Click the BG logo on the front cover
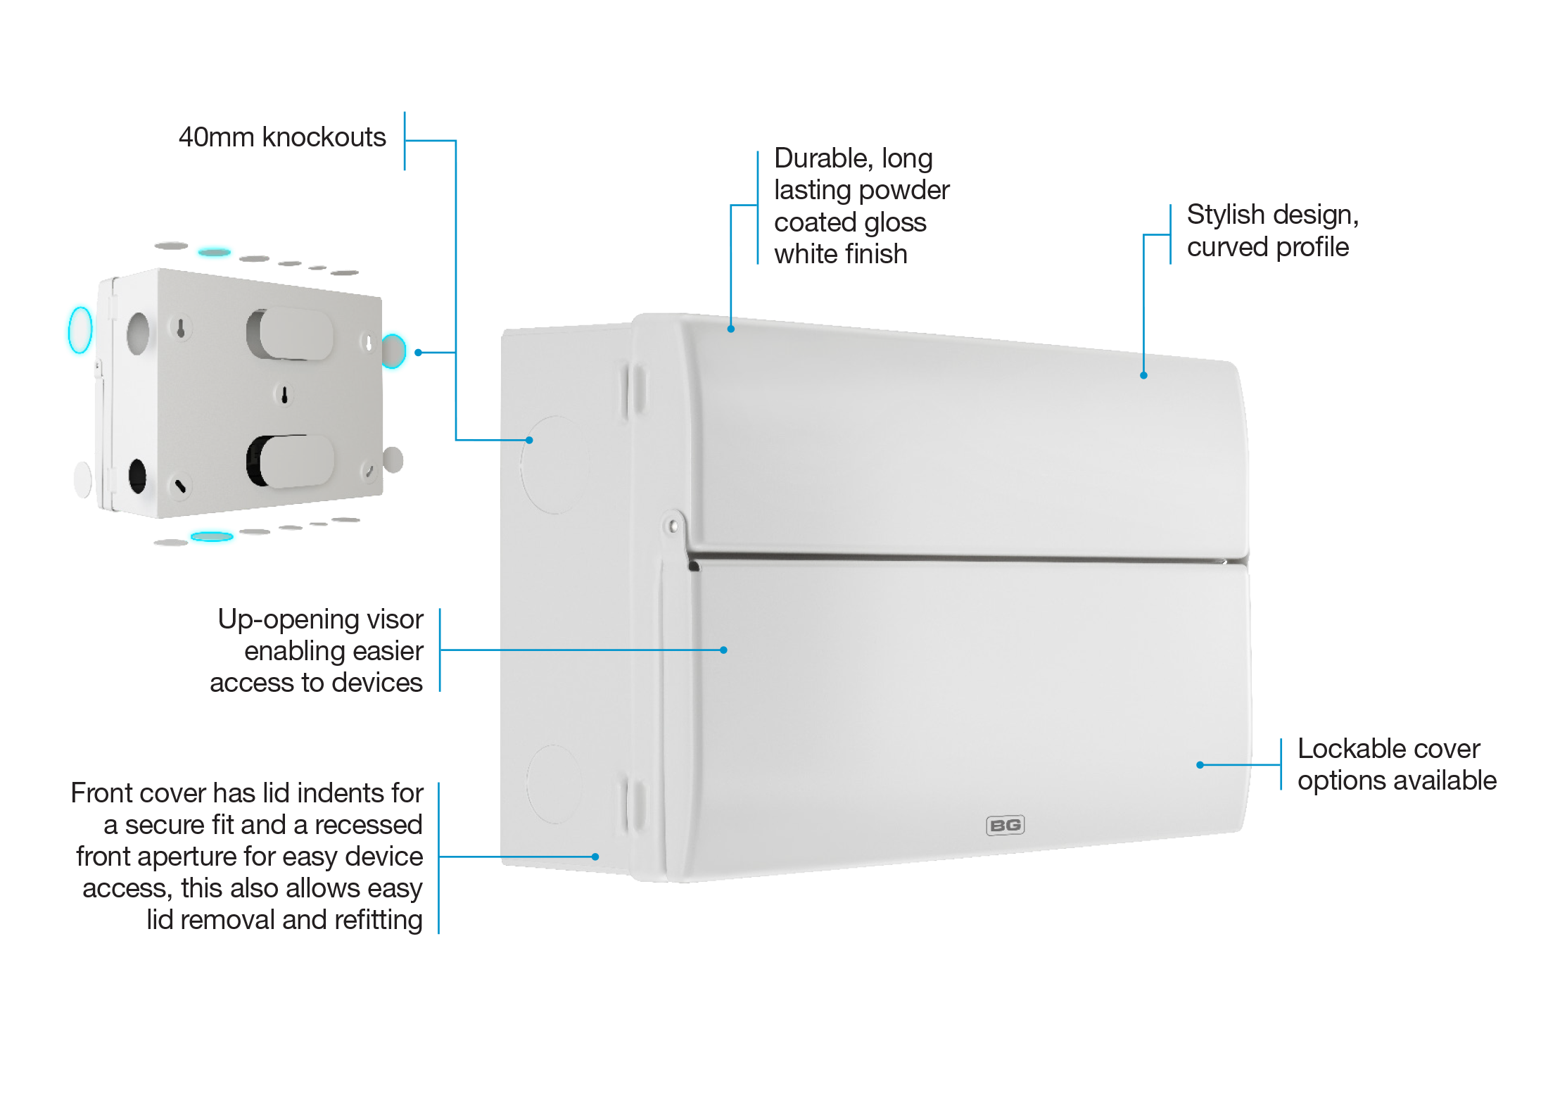coord(1005,825)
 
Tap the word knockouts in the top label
coord(324,137)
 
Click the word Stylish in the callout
coord(1226,215)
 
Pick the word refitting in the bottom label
coord(379,920)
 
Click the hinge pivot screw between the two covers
coord(673,525)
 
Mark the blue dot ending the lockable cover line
coord(1200,765)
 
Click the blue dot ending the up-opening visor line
coord(723,650)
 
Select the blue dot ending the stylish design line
coord(1143,376)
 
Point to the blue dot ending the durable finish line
coord(731,329)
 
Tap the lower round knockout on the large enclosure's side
coord(554,785)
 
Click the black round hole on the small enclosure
coord(138,476)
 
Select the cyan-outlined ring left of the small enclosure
coord(80,329)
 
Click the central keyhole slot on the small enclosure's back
coord(284,395)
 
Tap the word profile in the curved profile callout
coord(1312,248)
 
